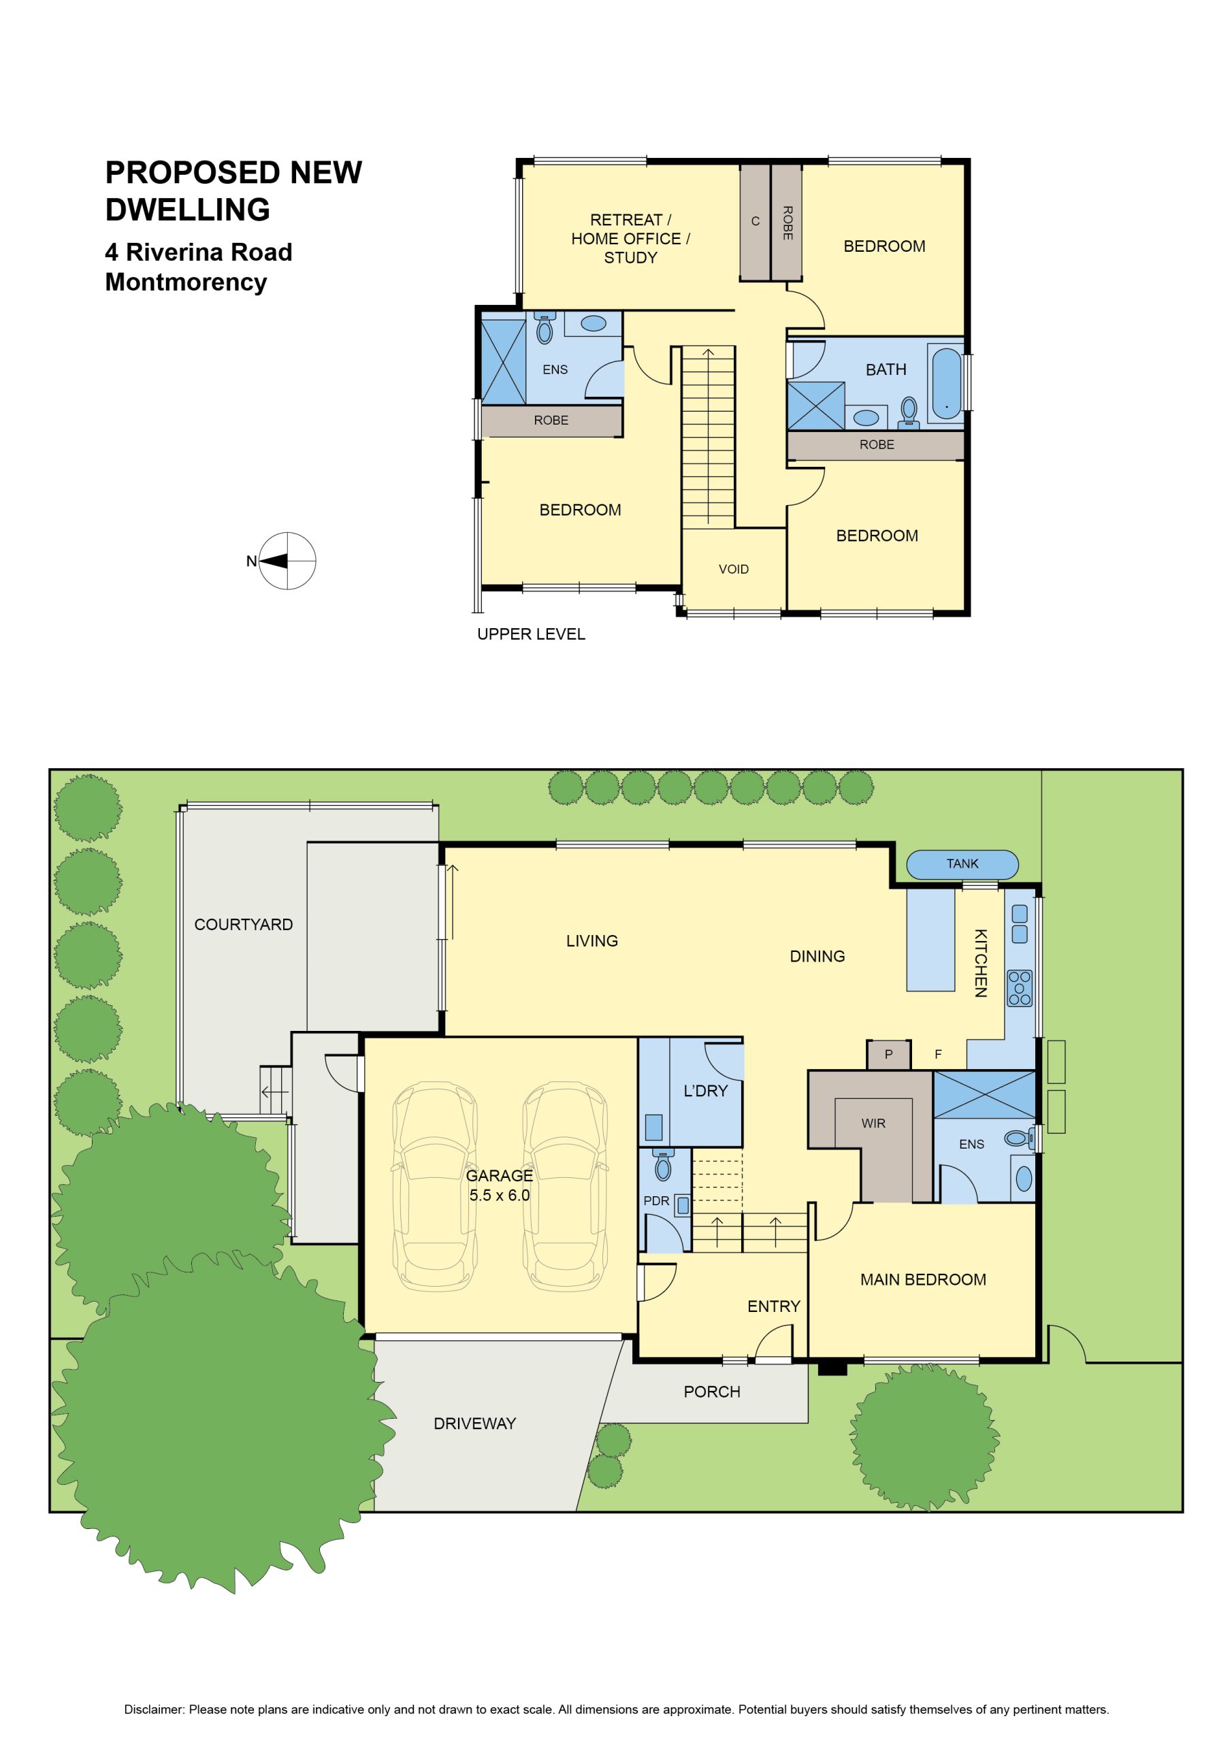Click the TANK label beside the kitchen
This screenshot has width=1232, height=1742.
tap(962, 864)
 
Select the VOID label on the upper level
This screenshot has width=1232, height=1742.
tap(733, 569)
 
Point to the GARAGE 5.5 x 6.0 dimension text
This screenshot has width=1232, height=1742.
tap(499, 1185)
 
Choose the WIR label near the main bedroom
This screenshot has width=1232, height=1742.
tap(873, 1123)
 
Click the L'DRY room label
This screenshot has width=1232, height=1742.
tap(705, 1090)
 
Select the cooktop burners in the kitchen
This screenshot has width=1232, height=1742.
tap(1020, 988)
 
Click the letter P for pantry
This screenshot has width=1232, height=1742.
tap(888, 1054)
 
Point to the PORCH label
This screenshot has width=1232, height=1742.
tap(711, 1392)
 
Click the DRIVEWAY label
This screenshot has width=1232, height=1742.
tap(474, 1424)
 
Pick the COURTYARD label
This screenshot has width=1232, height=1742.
tap(243, 924)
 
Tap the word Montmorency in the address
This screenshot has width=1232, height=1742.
tap(186, 282)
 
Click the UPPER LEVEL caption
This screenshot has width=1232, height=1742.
tap(531, 634)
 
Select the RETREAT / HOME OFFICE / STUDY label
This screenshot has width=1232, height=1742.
tap(630, 238)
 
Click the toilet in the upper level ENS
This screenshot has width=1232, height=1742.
tap(543, 328)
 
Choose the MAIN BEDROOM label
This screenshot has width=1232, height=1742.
tap(923, 1279)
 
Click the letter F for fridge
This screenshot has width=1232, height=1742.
tap(938, 1054)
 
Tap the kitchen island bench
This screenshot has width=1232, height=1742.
tap(930, 940)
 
